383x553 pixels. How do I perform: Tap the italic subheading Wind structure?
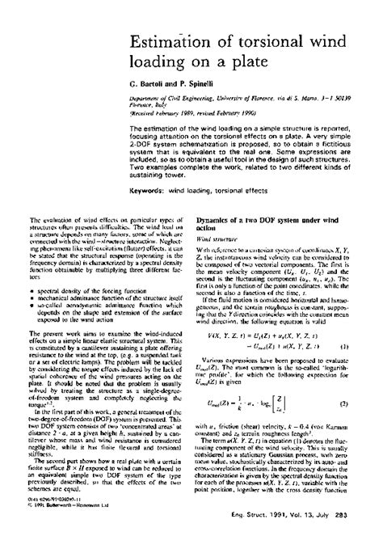215,240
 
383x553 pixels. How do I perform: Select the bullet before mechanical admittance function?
31,297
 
